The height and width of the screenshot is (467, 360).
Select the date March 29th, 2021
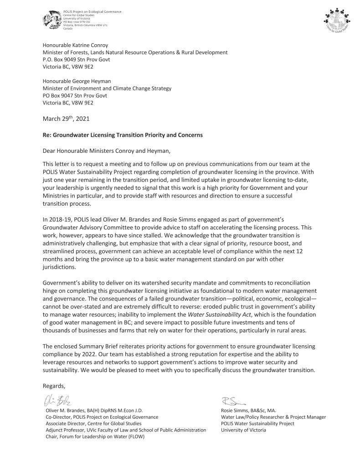pyautogui.click(x=66, y=119)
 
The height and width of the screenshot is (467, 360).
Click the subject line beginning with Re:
pyautogui.click(x=123, y=135)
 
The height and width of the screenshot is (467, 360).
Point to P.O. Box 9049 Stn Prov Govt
pyautogui.click(x=76, y=59)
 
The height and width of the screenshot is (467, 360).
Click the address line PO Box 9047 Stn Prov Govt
pyautogui.click(x=75, y=96)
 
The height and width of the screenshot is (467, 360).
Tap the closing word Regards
pyautogui.click(x=54, y=386)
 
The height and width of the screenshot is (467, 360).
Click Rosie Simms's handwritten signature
pyautogui.click(x=233, y=401)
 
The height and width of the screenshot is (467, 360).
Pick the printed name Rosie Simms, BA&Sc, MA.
pyautogui.click(x=249, y=410)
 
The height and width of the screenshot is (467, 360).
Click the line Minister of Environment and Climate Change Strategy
pyautogui.click(x=107, y=89)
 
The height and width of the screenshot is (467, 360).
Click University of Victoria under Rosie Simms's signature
pyautogui.click(x=243, y=430)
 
